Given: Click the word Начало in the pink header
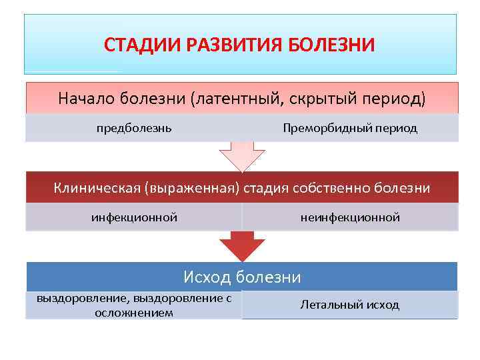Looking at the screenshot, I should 86,98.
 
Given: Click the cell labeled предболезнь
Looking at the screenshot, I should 134,127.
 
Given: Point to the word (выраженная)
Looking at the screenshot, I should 188,188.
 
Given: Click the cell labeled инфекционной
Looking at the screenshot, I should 134,217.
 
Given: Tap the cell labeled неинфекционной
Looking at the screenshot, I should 351,217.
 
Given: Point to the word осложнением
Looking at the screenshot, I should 134,312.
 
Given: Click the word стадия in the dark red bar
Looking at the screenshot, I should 263,188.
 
